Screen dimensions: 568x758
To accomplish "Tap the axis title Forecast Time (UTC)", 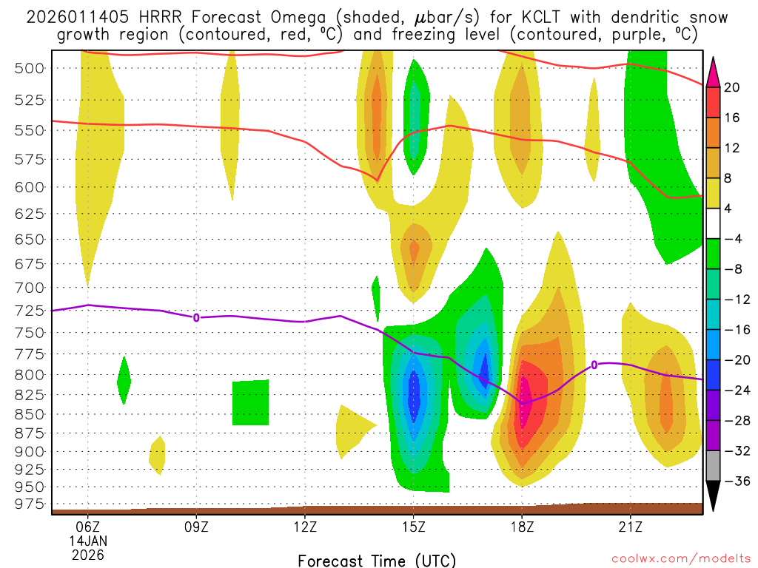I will tap(377, 560).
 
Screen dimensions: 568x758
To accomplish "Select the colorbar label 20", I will tap(732, 87).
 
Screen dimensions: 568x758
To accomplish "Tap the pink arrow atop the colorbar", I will tap(714, 71).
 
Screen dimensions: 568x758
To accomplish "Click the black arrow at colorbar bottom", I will tap(714, 498).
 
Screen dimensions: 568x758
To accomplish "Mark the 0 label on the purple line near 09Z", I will tap(196, 317).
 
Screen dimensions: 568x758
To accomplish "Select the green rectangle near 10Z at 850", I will tap(250, 403).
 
